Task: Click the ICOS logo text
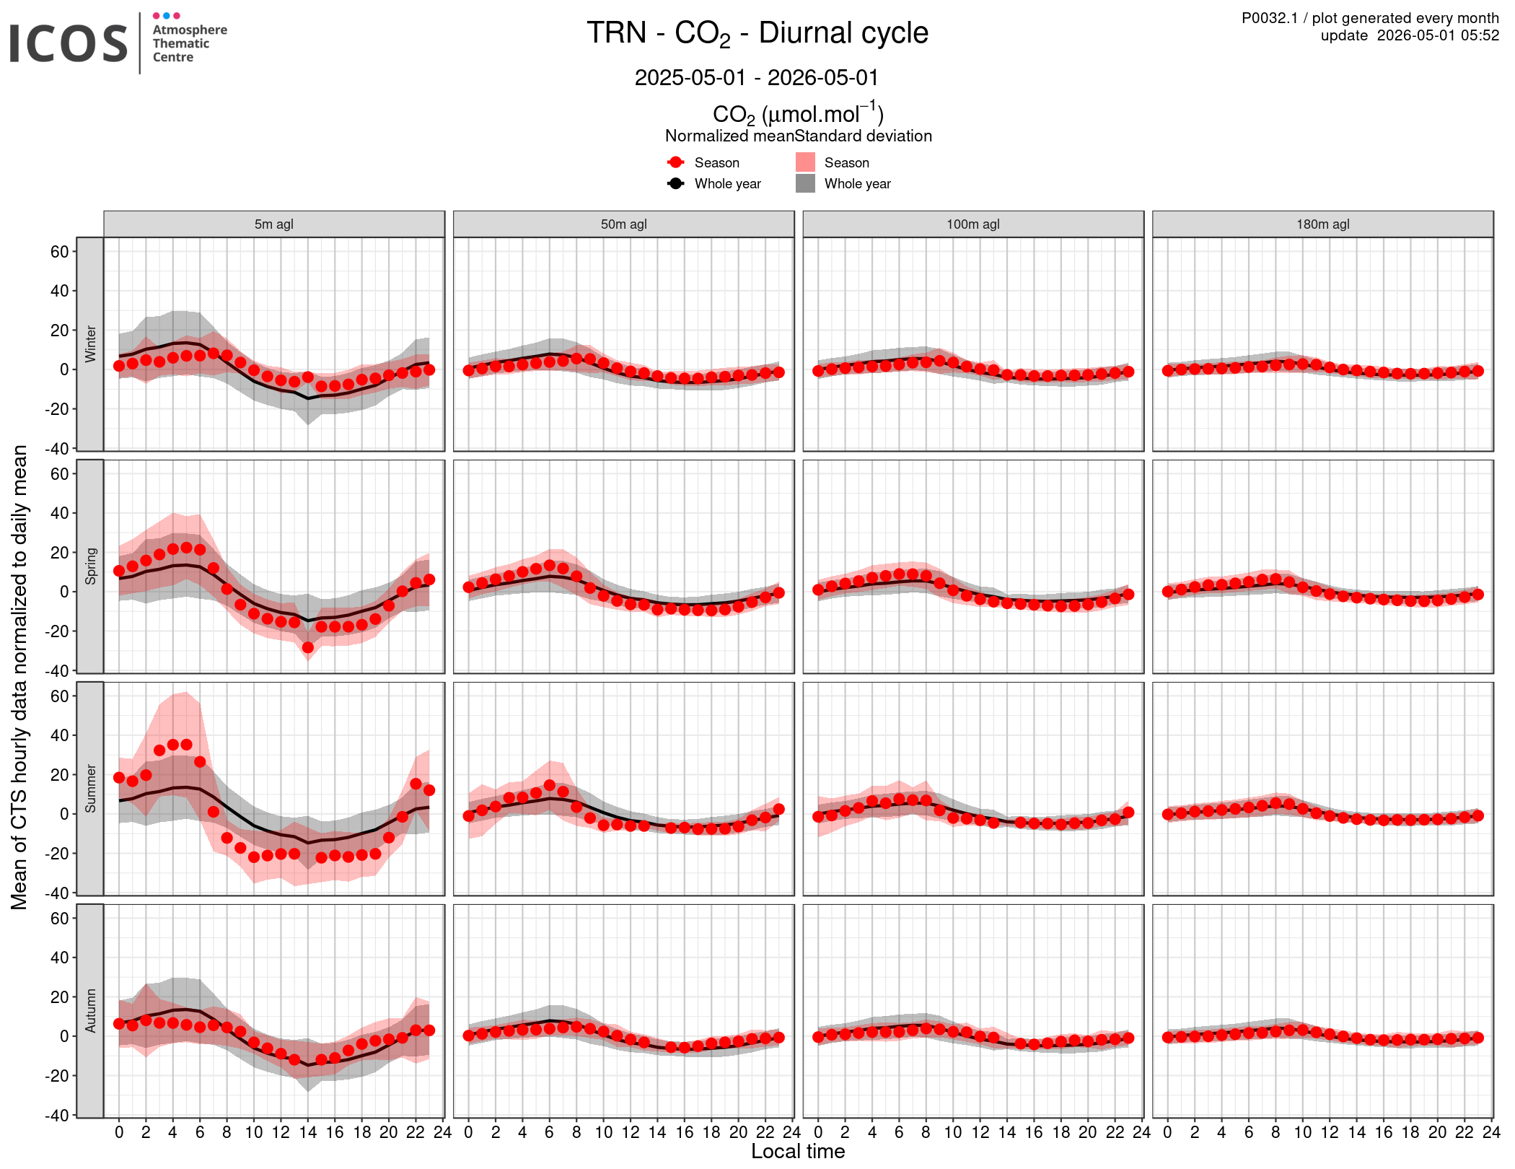coord(69,43)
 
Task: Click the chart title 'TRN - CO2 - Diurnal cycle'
coord(757,34)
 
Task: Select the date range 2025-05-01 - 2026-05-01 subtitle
coord(757,77)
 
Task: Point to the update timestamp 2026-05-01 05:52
coord(1438,35)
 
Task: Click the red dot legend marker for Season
coord(676,162)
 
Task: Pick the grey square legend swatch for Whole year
coord(805,183)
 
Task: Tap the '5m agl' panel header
coord(274,224)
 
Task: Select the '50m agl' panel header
coord(624,224)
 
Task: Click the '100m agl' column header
coord(973,224)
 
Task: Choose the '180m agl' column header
coord(1323,224)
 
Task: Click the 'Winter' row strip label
coord(90,343)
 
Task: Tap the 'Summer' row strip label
coord(90,789)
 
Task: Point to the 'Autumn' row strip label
coord(90,1011)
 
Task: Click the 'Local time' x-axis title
coord(798,1152)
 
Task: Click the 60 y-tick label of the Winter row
coord(60,252)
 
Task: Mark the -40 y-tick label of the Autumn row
coord(57,1115)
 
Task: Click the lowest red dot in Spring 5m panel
coord(308,647)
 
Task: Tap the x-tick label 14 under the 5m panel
coord(308,1132)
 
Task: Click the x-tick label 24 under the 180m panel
coord(1491,1132)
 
